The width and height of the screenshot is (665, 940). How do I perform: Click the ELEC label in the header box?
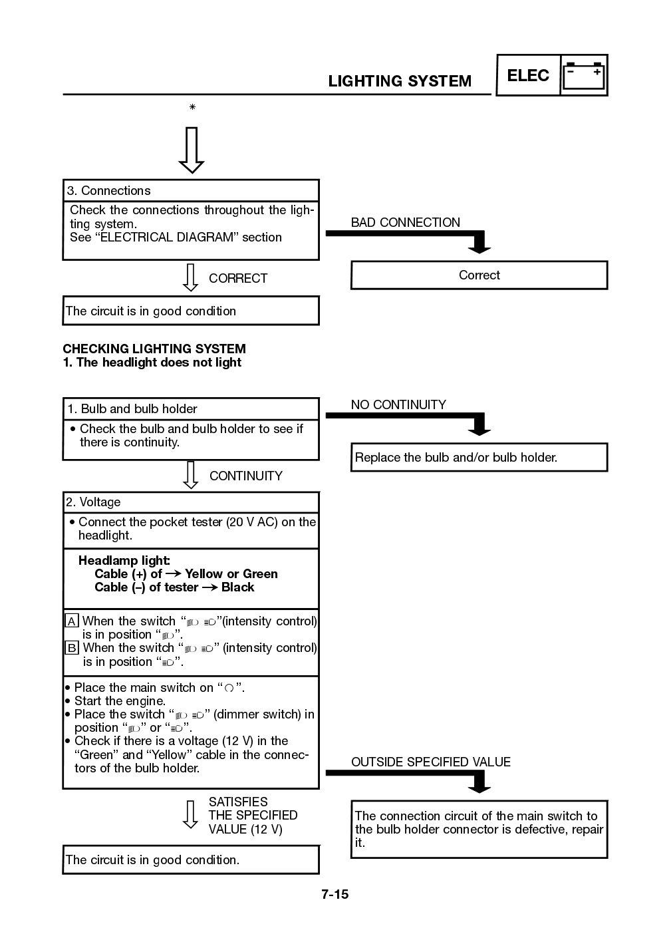[x=528, y=76]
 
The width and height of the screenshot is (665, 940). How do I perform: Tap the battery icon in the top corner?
[x=584, y=76]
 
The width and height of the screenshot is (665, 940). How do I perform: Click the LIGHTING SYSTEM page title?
[x=400, y=81]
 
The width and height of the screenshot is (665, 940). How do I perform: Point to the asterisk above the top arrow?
[x=192, y=108]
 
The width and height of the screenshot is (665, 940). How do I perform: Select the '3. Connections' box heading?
[x=108, y=191]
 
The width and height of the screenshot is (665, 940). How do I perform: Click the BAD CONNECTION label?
[x=405, y=223]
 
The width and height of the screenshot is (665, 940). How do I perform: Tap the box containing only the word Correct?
[x=479, y=275]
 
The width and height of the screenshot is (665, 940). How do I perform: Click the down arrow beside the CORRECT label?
[x=191, y=278]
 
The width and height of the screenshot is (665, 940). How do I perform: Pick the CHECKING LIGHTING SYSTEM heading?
[x=154, y=349]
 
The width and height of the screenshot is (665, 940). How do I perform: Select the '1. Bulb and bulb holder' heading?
[x=132, y=409]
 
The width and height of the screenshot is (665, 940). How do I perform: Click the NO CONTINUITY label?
[x=398, y=404]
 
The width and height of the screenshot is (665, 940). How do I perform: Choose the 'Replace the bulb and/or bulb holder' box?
[x=479, y=458]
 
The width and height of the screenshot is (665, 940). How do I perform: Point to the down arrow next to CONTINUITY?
[x=191, y=475]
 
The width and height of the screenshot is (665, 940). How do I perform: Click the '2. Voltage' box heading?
[x=93, y=502]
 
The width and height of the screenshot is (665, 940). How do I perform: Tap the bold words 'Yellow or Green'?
[x=231, y=574]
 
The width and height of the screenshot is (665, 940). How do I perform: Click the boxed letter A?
[x=72, y=621]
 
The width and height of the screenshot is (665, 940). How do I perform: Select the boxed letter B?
[x=72, y=648]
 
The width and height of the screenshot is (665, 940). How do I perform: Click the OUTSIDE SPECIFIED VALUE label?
[x=430, y=762]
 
